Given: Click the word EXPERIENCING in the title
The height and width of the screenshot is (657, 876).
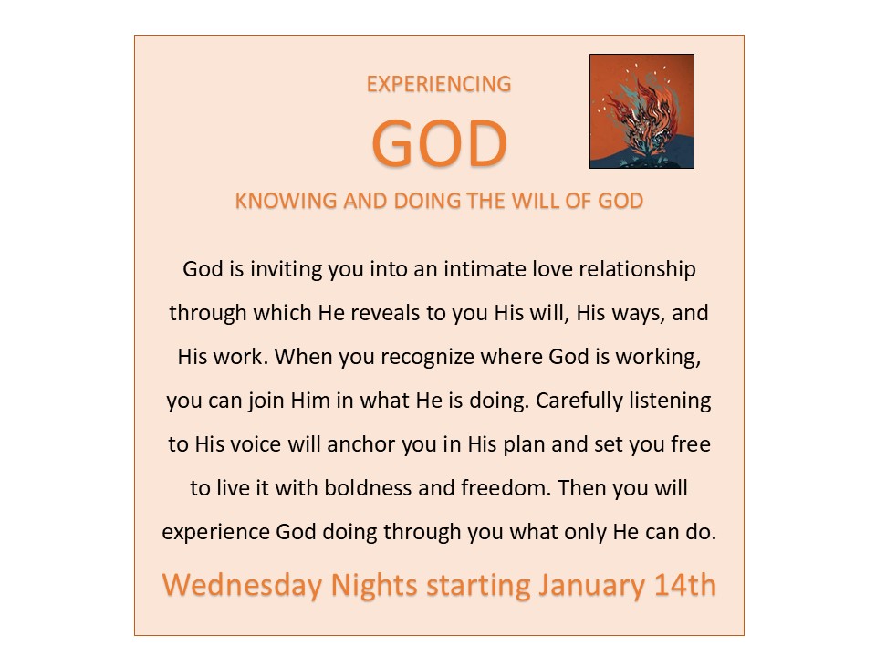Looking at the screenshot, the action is pyautogui.click(x=439, y=84).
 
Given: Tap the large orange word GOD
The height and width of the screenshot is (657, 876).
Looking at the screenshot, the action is pyautogui.click(x=440, y=143).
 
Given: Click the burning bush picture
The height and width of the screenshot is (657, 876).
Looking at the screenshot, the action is pyautogui.click(x=641, y=111).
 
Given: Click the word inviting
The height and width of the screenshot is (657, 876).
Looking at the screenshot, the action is pyautogui.click(x=286, y=270).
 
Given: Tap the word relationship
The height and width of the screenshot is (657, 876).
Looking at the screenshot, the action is pyautogui.click(x=637, y=270).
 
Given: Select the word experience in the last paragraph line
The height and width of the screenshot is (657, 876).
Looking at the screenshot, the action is pyautogui.click(x=215, y=532).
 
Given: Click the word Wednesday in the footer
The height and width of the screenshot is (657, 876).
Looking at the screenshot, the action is pyautogui.click(x=243, y=586).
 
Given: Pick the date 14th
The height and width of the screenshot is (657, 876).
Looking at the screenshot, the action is pyautogui.click(x=685, y=585).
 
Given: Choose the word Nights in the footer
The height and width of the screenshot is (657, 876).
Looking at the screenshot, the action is pyautogui.click(x=374, y=586).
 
